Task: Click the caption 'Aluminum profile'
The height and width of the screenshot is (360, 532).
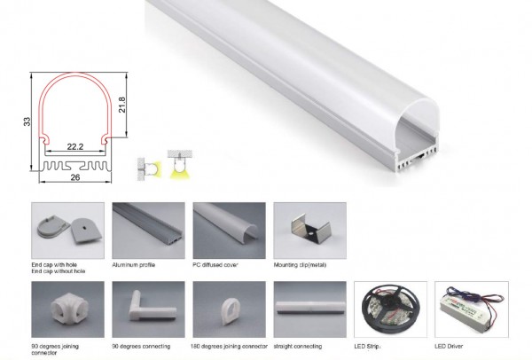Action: [133, 264]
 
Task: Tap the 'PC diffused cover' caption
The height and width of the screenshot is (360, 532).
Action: [215, 264]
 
